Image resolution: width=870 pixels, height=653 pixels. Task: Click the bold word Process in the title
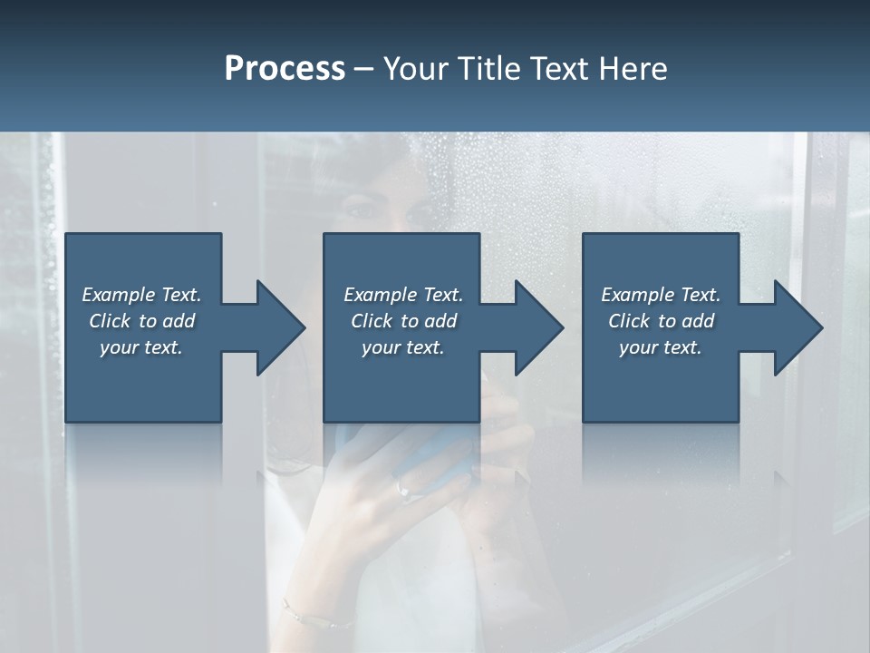[x=285, y=69]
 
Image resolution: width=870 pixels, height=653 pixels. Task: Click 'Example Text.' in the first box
[x=141, y=295]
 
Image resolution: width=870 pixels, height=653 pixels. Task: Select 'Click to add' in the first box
[x=141, y=321]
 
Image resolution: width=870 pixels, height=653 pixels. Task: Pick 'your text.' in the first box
[x=141, y=347]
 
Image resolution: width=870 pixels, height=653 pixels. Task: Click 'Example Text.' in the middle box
[x=402, y=295]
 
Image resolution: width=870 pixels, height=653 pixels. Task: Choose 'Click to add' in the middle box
[x=402, y=321]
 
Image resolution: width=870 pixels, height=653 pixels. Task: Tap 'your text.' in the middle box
[x=402, y=347]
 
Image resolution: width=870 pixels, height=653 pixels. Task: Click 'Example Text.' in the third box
[x=661, y=295]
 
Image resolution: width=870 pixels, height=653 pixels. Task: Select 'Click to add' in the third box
[x=661, y=321]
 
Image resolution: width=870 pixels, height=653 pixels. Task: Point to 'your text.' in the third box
[x=661, y=347]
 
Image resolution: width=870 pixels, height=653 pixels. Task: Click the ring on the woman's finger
[x=404, y=491]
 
